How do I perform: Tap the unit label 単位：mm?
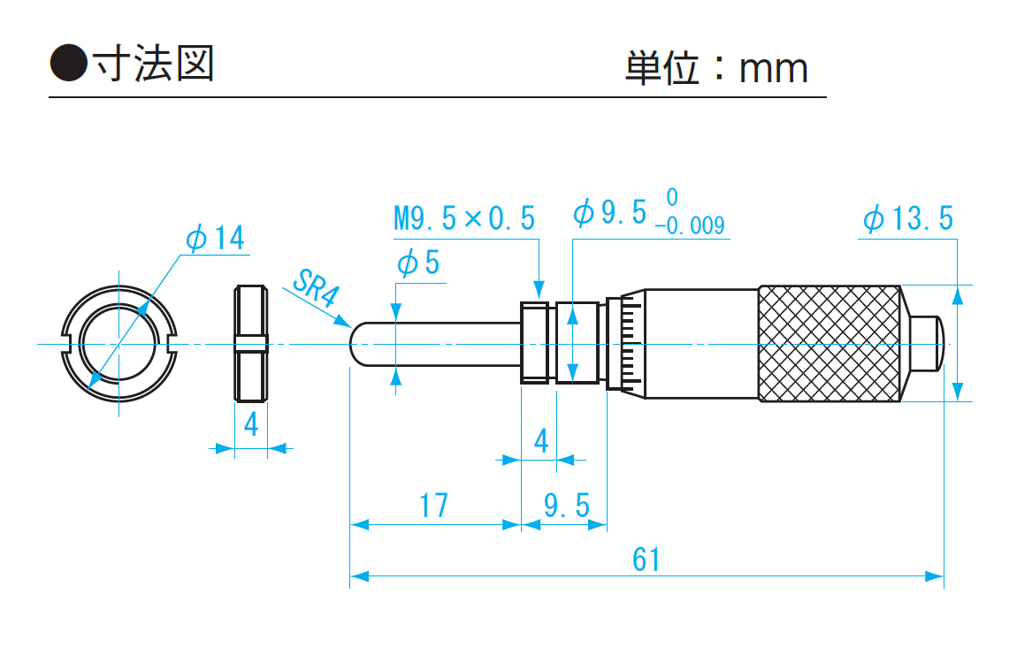[x=716, y=68]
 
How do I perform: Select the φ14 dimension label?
[x=214, y=238]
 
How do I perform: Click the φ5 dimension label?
[x=418, y=263]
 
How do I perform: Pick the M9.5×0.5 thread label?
[x=464, y=217]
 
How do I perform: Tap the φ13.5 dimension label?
[x=908, y=218]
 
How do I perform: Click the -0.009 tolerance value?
[x=690, y=226]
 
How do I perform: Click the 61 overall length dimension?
[x=646, y=559]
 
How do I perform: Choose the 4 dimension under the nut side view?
[x=251, y=425]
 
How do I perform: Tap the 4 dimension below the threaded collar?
[x=540, y=439]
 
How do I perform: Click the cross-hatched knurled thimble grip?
[x=830, y=343]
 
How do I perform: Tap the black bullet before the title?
[x=68, y=65]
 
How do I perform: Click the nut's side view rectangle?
[x=251, y=343]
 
